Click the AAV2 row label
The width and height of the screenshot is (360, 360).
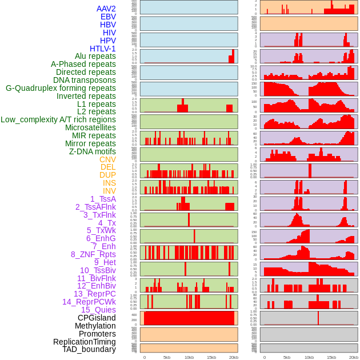pos(106,9)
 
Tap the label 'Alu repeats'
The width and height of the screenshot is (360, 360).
pos(95,56)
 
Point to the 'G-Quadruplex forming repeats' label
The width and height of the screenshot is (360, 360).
pos(61,88)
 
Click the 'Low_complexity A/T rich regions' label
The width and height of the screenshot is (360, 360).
pos(58,119)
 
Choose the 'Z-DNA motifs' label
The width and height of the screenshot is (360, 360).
pos(92,151)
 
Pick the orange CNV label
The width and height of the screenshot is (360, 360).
pos(107,159)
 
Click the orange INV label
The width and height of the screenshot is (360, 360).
pos(109,191)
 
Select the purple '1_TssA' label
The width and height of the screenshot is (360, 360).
pos(103,199)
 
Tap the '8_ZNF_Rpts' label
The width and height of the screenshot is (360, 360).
pos(93,254)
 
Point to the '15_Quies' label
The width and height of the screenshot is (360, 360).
pos(98,310)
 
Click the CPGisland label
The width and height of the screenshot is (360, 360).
pos(97,318)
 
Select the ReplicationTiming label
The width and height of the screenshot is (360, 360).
pos(84,342)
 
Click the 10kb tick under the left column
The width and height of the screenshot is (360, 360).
pos(189,357)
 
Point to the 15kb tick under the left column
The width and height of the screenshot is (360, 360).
pos(211,357)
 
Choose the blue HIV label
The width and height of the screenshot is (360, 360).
pos(109,33)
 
